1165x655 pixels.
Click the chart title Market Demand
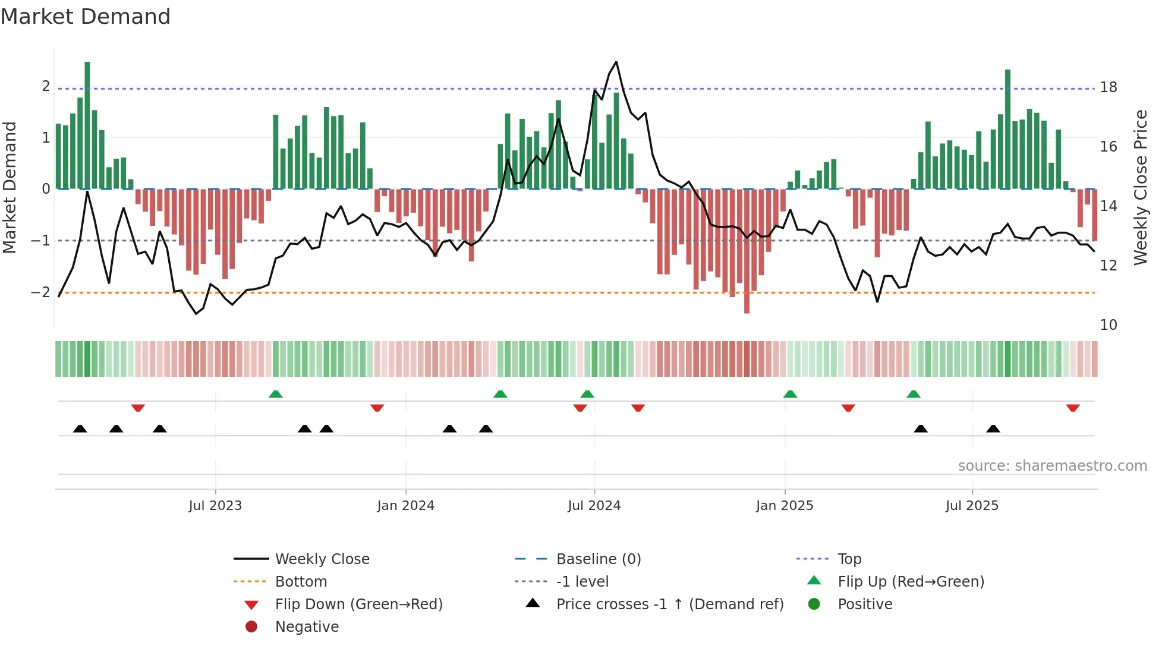[x=86, y=17]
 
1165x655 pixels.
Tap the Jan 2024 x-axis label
[x=405, y=506]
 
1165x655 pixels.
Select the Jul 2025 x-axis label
[x=972, y=506]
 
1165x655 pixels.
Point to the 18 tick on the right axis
[x=1108, y=87]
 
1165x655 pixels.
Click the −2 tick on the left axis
[x=40, y=292]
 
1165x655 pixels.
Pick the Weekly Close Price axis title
[x=1140, y=187]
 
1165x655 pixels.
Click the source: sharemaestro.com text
[x=1052, y=466]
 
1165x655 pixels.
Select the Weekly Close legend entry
[x=322, y=559]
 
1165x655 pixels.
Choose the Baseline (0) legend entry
[x=598, y=559]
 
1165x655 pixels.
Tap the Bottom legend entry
[x=301, y=582]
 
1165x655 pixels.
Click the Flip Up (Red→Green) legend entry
[x=911, y=582]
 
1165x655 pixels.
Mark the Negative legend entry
[x=307, y=627]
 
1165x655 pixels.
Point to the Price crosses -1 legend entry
[x=669, y=604]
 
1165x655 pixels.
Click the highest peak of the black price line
[x=616, y=62]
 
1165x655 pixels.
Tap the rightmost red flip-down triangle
[x=1072, y=408]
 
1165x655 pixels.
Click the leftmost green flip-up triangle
[x=275, y=394]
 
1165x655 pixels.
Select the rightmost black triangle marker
[x=993, y=429]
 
